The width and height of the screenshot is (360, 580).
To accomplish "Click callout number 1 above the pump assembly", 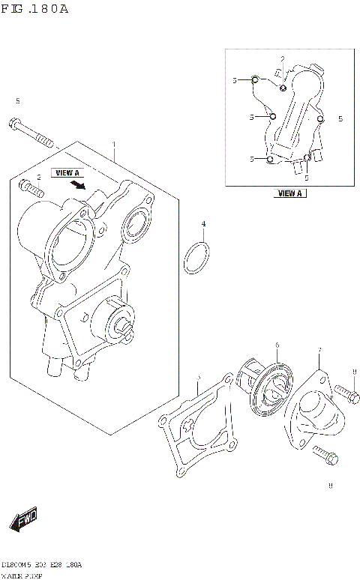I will (x=114, y=145).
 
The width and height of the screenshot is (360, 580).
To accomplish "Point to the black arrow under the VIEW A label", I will (x=75, y=183).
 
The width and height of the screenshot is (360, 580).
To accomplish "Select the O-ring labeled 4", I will (x=197, y=256).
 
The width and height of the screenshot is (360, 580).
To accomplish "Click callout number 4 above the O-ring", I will (x=202, y=224).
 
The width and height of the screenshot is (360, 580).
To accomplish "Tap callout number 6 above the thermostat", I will (x=276, y=345).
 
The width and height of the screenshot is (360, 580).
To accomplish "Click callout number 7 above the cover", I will (x=319, y=351).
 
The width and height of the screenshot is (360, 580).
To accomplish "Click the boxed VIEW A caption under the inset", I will (x=289, y=193).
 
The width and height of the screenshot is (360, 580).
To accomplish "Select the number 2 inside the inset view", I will (x=283, y=59).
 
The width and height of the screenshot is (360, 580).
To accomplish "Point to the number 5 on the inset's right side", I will (x=340, y=118).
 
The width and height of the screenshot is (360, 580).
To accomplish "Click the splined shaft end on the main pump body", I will (x=121, y=324).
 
